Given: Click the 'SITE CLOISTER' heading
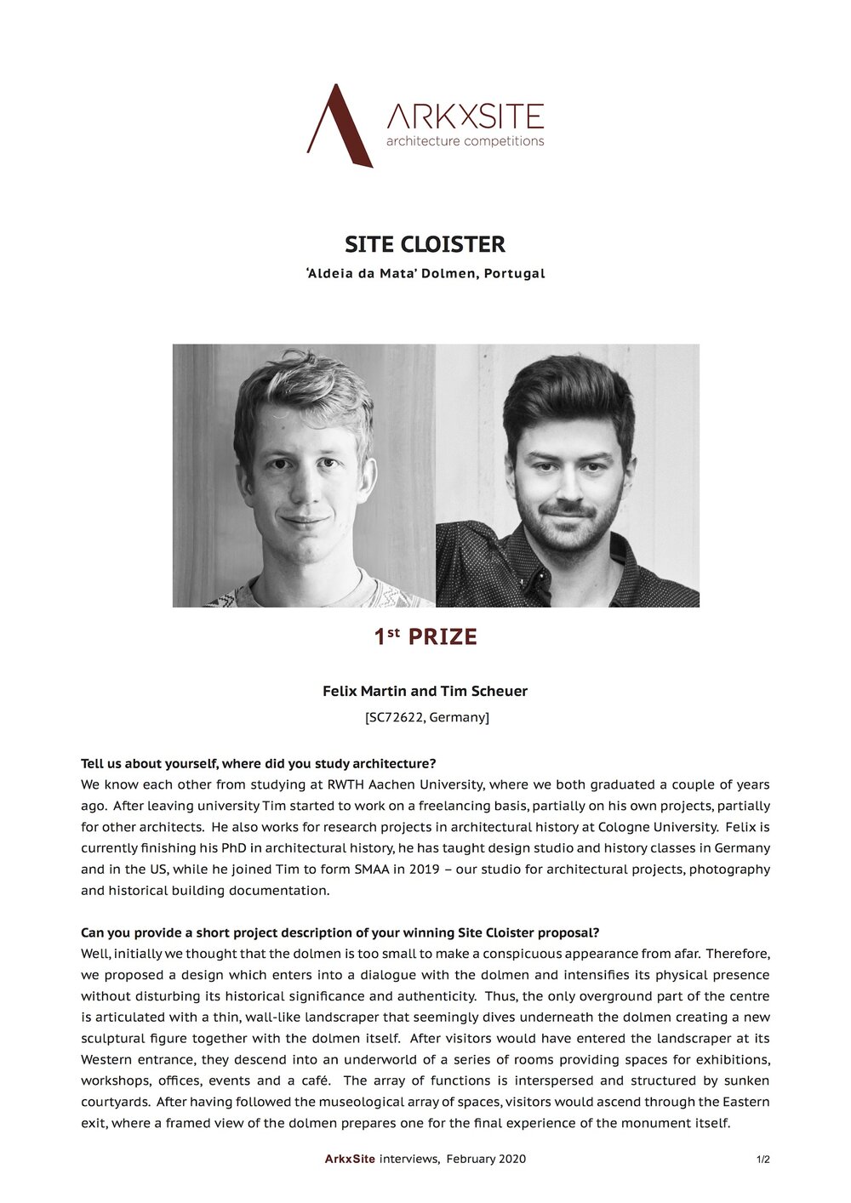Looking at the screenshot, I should click(425, 244).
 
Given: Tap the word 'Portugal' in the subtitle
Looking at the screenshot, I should click(514, 274).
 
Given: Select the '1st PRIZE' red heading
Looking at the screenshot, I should click(425, 636).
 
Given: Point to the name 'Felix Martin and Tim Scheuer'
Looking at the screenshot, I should click(425, 691).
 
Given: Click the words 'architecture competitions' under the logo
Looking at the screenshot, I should click(465, 141).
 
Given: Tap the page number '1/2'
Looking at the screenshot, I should click(762, 1159).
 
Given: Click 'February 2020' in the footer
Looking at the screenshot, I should click(486, 1159).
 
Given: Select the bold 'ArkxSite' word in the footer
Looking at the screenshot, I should click(351, 1159).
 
